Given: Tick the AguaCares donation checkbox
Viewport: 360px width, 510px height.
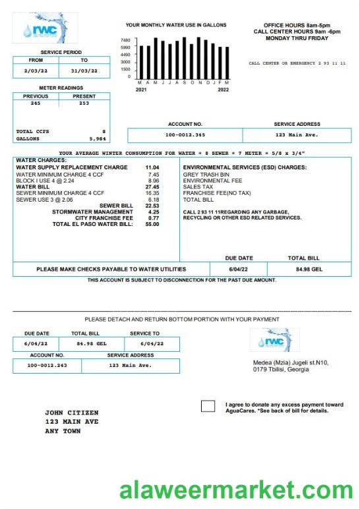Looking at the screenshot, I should pyautogui.click(x=208, y=406).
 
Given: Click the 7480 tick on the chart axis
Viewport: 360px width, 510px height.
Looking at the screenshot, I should pyautogui.click(x=125, y=40).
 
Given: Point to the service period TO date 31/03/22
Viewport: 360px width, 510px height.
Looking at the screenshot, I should pyautogui.click(x=84, y=71).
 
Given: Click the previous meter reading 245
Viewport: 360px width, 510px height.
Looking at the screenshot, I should pyautogui.click(x=36, y=103).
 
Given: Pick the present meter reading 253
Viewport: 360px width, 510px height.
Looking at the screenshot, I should pyautogui.click(x=84, y=103).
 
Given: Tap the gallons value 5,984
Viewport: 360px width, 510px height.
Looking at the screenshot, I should pyautogui.click(x=96, y=139).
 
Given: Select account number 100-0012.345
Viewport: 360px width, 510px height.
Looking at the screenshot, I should pyautogui.click(x=185, y=135).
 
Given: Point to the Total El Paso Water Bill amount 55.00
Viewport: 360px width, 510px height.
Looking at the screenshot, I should pyautogui.click(x=152, y=224).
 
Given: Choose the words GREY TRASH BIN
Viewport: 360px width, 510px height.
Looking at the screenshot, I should pyautogui.click(x=206, y=174).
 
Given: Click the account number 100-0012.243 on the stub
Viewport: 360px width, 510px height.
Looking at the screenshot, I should pyautogui.click(x=46, y=365).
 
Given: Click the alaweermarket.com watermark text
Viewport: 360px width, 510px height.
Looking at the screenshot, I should pyautogui.click(x=236, y=491).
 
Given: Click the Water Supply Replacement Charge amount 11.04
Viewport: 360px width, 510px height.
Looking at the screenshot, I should pyautogui.click(x=152, y=167).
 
